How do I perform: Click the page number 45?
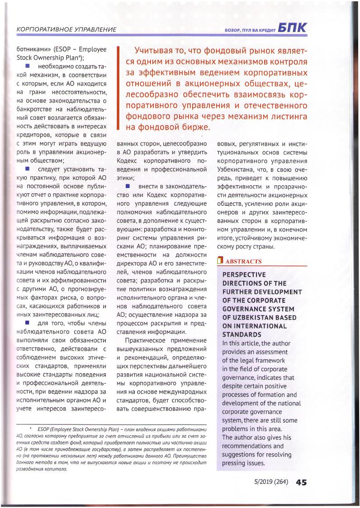point(302,482)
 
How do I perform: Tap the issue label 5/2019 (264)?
point(270,482)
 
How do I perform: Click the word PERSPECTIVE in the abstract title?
point(244,275)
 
